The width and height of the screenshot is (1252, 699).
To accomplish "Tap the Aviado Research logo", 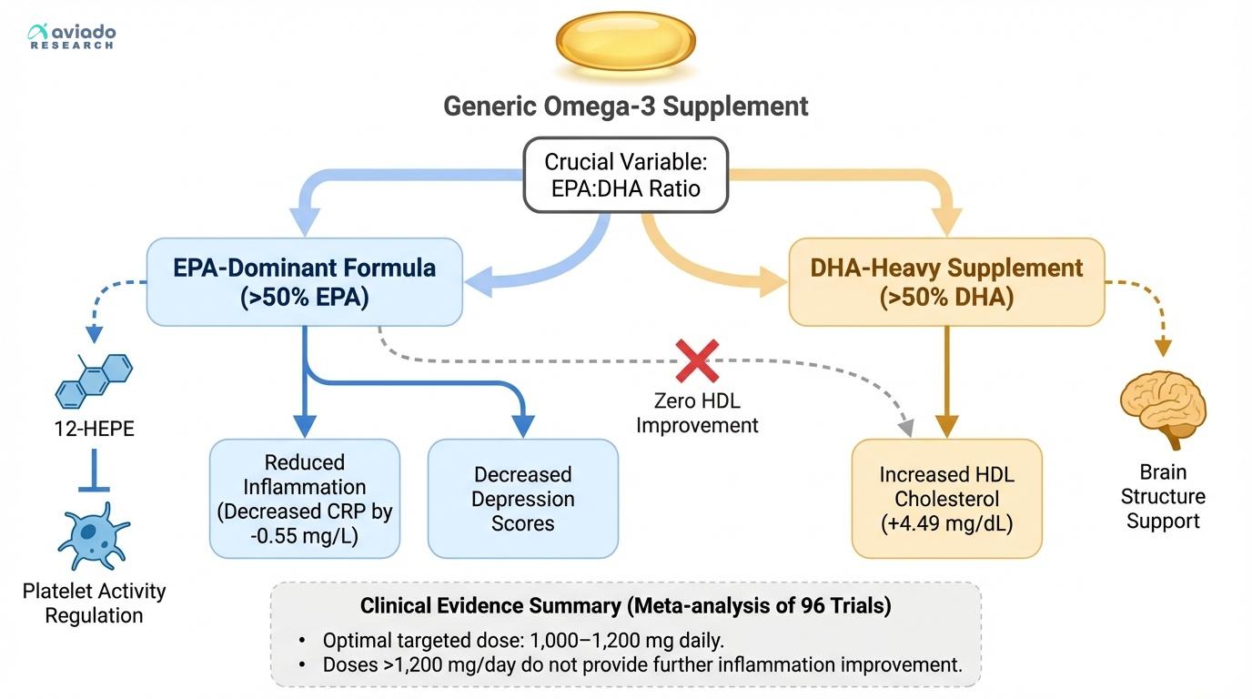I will pos(72,36).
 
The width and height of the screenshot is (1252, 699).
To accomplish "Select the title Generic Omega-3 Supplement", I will pos(626,106).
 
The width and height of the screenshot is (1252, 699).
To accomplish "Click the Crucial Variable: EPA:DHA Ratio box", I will pos(625,175).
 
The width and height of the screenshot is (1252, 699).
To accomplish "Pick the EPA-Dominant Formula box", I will pos(304,282).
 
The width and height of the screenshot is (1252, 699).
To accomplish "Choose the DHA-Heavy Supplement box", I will pos(946,282).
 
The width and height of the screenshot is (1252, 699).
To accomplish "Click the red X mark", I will pos(696,361).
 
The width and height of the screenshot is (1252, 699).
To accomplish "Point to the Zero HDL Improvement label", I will pos(696,412).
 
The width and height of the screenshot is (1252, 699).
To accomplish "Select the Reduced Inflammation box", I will pos(304,499).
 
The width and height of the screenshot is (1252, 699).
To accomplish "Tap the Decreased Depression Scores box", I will pos(522,499).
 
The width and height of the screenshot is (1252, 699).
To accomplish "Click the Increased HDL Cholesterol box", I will pos(946,499).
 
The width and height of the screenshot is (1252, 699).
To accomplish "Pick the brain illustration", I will pos(1163,409).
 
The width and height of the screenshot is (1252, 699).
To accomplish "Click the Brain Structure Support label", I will pos(1163,496).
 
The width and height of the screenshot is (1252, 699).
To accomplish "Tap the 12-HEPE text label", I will pos(94,429).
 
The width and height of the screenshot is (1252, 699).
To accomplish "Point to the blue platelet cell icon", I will pos(94,538).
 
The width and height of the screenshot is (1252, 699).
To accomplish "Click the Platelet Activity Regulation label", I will pos(94,603).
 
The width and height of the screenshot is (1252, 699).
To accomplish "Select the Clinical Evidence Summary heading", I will pos(625,606).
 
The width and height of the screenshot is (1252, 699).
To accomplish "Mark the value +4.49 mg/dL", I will pos(946,523).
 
